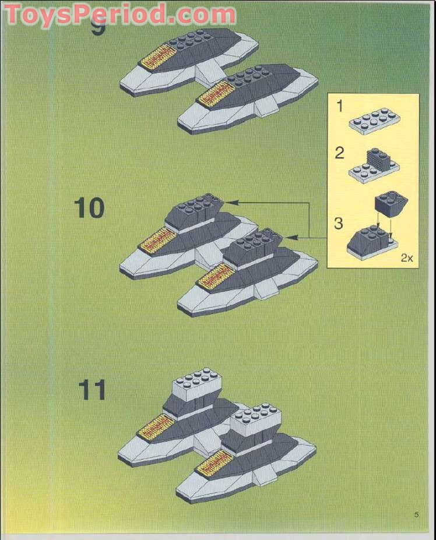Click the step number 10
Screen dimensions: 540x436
(x=89, y=208)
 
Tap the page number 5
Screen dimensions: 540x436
(x=416, y=514)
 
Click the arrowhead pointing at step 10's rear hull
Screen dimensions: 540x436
(x=227, y=202)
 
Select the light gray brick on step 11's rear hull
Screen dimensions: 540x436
(x=196, y=385)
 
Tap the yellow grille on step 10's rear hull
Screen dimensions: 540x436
(x=154, y=240)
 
